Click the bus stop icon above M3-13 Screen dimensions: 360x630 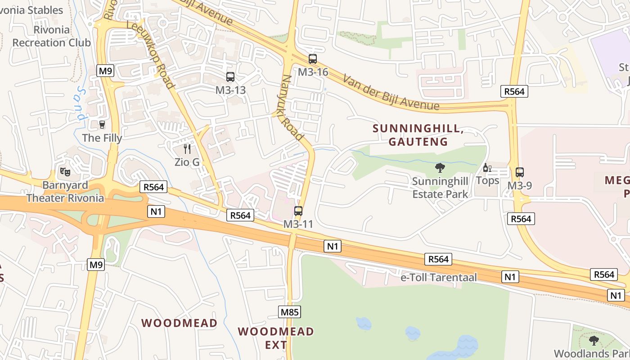tap(230, 77)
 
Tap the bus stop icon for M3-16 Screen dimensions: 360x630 tap(313, 59)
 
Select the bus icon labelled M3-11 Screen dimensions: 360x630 tap(298, 211)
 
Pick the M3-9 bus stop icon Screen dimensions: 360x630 tap(520, 172)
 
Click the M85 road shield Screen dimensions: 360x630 tap(289, 312)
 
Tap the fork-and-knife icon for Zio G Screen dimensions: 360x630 tap(187, 148)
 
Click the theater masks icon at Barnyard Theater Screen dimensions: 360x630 tap(65, 171)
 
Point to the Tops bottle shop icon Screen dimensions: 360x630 tap(487, 168)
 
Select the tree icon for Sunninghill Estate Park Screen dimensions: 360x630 tap(440, 168)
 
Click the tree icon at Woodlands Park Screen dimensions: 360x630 tap(594, 340)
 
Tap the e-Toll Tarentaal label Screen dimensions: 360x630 tap(438, 277)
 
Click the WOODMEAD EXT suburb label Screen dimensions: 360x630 tap(276, 338)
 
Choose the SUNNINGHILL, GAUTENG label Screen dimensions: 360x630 tap(418, 135)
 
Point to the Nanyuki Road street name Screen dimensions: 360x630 tap(292, 108)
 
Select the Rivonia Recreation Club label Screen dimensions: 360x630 tap(52, 36)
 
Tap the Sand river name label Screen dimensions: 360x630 tap(81, 103)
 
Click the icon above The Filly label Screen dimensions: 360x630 tap(102, 124)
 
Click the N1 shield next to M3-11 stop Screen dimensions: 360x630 tap(333, 246)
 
